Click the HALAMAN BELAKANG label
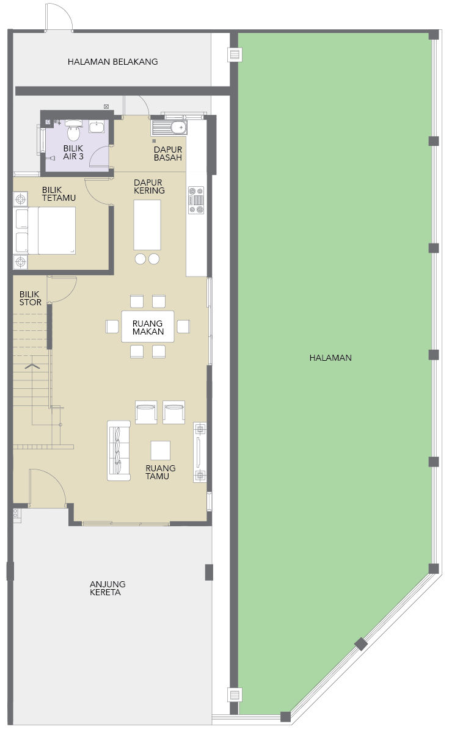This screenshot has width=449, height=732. (112, 62)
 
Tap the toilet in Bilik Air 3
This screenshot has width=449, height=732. (73, 130)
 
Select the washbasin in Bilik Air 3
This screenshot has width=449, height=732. (97, 126)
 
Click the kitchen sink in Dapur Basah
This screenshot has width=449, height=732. (169, 127)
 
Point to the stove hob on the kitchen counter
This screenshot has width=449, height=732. (196, 200)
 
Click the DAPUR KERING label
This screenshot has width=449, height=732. (149, 186)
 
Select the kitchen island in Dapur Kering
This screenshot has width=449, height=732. (147, 225)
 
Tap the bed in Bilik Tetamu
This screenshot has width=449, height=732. (51, 230)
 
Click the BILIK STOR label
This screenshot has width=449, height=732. (31, 299)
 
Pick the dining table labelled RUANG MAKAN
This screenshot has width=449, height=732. (148, 327)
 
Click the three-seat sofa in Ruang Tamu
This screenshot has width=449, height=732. (119, 451)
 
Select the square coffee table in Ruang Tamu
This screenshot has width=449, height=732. (160, 451)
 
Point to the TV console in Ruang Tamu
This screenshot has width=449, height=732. (200, 452)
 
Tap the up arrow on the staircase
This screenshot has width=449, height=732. (32, 366)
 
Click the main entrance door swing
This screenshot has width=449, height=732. (47, 487)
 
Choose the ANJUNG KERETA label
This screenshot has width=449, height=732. (108, 588)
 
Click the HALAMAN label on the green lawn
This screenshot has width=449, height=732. (330, 358)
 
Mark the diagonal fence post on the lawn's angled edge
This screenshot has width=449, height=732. (360, 644)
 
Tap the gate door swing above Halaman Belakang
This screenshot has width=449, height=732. (59, 17)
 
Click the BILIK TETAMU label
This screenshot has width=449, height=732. (59, 194)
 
